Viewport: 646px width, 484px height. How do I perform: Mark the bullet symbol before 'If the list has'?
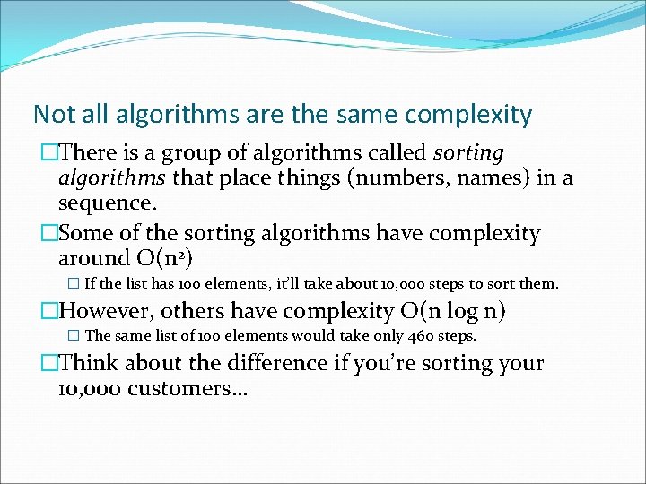(x=74, y=284)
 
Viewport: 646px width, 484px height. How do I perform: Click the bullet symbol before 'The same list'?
(x=74, y=336)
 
